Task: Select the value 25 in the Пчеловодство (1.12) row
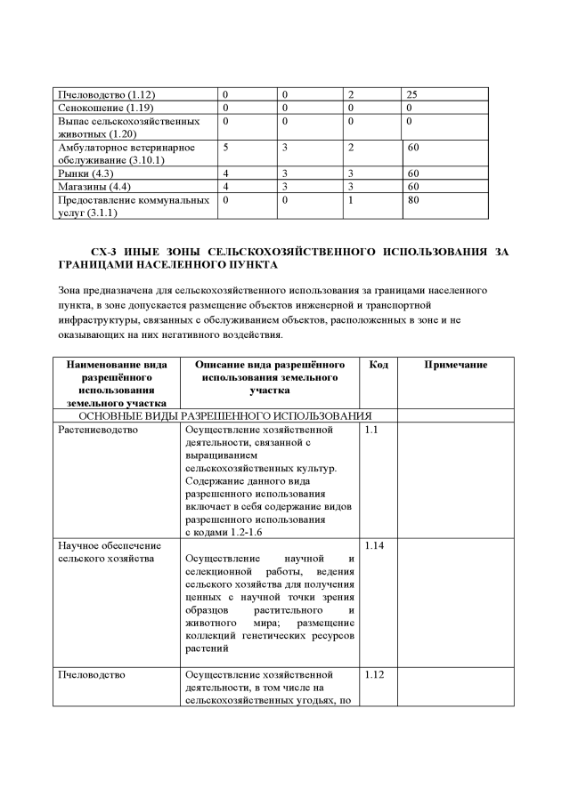412,93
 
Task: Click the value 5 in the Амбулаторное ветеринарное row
226,147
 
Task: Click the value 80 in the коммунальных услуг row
412,200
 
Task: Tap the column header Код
378,365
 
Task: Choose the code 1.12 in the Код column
375,674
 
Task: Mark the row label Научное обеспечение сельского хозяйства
109,551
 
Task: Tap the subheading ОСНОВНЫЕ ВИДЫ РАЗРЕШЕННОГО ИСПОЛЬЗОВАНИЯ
225,415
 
